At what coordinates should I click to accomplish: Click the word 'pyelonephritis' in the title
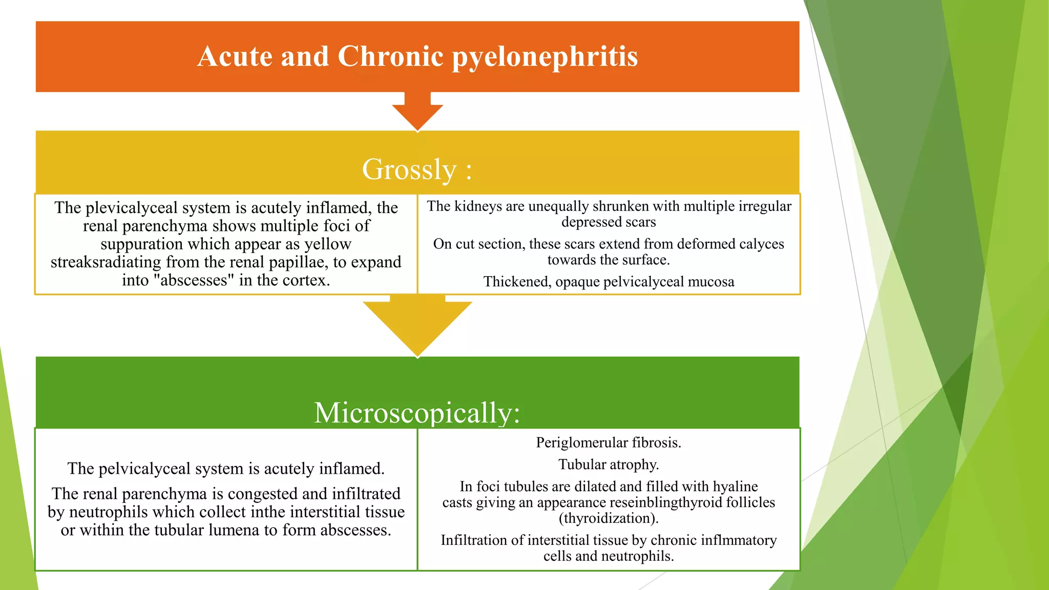click(x=544, y=56)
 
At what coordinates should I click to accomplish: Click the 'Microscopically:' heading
click(x=417, y=412)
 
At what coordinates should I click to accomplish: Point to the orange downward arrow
click(x=417, y=112)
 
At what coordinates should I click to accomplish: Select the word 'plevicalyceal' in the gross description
click(x=158, y=207)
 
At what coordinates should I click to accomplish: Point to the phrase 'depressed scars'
click(x=609, y=222)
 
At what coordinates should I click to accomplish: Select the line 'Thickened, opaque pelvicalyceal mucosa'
click(x=609, y=282)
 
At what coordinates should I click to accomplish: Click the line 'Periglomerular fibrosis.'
click(x=609, y=442)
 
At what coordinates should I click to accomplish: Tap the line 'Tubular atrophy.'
click(x=609, y=465)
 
